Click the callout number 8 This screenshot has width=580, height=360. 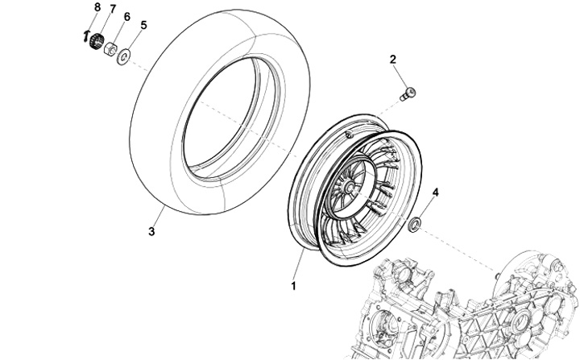coord(97,7)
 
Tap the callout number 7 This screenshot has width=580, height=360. coord(113,10)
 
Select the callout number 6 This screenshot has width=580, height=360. coord(126,16)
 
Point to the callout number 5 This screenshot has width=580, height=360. coord(143,25)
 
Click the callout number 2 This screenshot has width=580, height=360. coord(393,60)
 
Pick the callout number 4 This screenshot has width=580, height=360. coord(436,192)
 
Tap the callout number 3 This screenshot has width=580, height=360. coord(151,233)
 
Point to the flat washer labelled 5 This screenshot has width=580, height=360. coord(126,56)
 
